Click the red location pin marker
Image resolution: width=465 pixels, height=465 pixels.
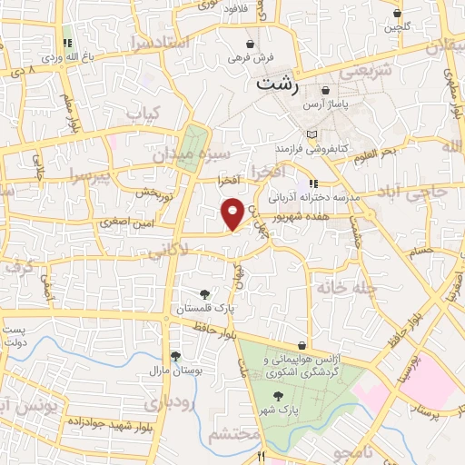coord(232,213)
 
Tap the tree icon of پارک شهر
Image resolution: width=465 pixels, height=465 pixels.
coord(278,395)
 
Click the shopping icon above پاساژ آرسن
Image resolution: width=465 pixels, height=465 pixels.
coord(324,91)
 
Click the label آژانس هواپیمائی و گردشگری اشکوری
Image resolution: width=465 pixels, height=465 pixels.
coord(300,368)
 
